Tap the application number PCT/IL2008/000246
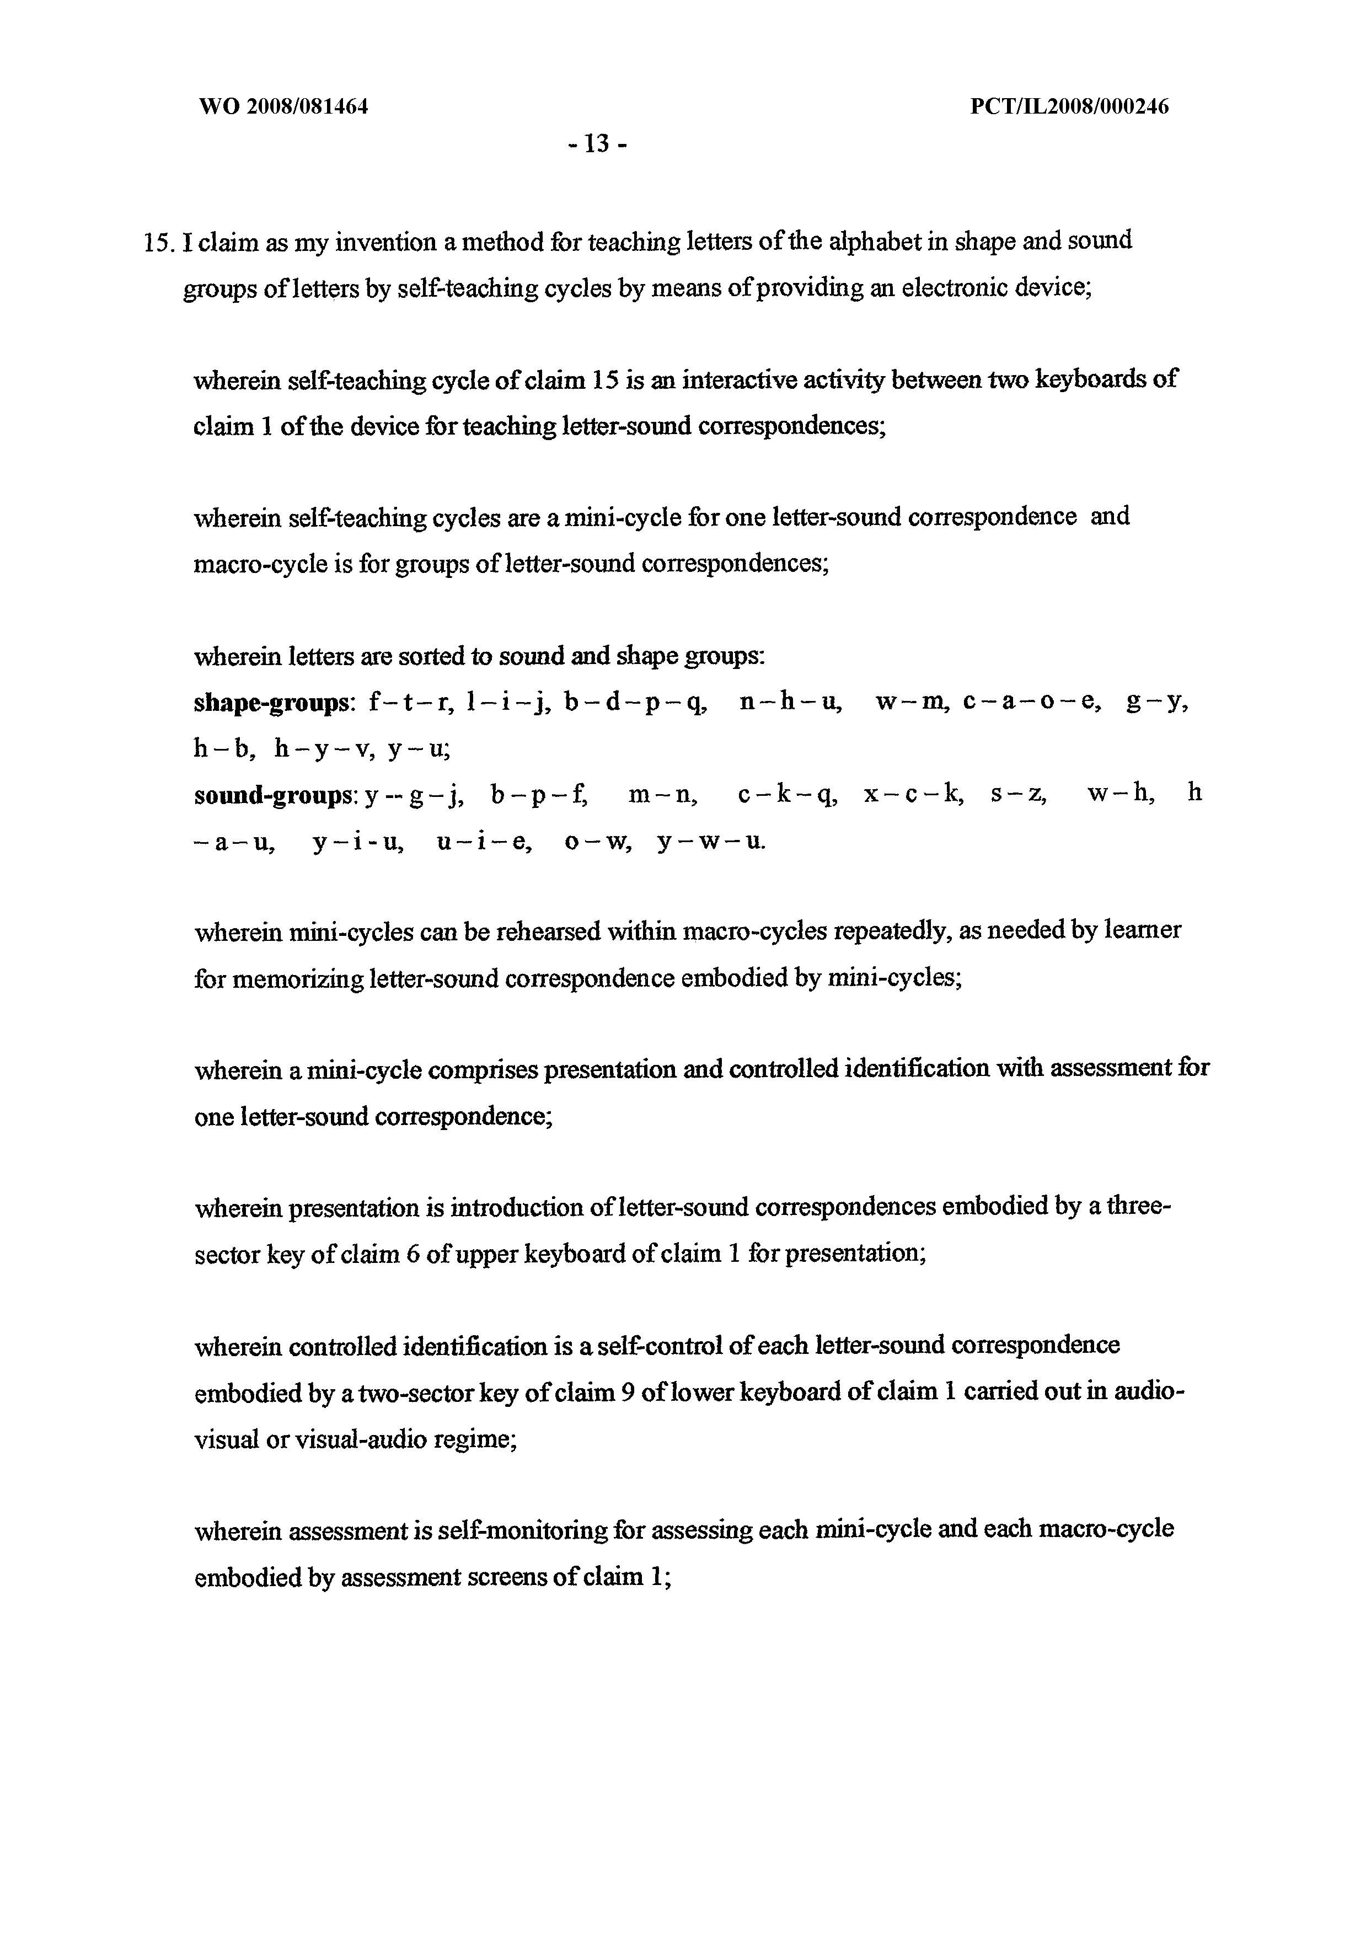pos(1069,107)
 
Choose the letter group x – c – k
pos(912,795)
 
